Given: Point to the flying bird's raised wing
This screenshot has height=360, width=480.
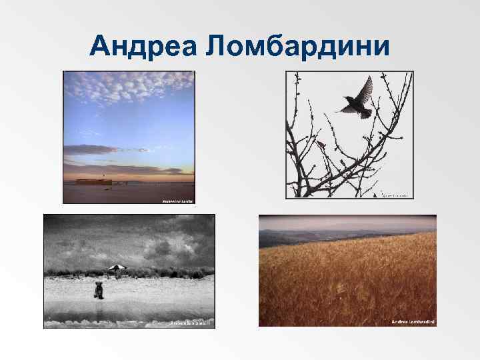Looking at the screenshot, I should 365,87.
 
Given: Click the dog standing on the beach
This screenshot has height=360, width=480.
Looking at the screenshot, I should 99,290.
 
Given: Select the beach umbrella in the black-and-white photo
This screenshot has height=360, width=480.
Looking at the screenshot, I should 117,268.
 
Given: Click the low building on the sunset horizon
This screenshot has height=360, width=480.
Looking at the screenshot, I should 93,181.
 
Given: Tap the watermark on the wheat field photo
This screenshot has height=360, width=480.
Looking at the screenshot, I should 413,321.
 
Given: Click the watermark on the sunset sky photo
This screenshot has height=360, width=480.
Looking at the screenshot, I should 177,200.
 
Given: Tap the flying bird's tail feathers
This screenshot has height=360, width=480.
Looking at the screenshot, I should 366,115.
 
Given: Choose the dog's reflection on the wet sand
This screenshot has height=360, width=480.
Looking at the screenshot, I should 99,307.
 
